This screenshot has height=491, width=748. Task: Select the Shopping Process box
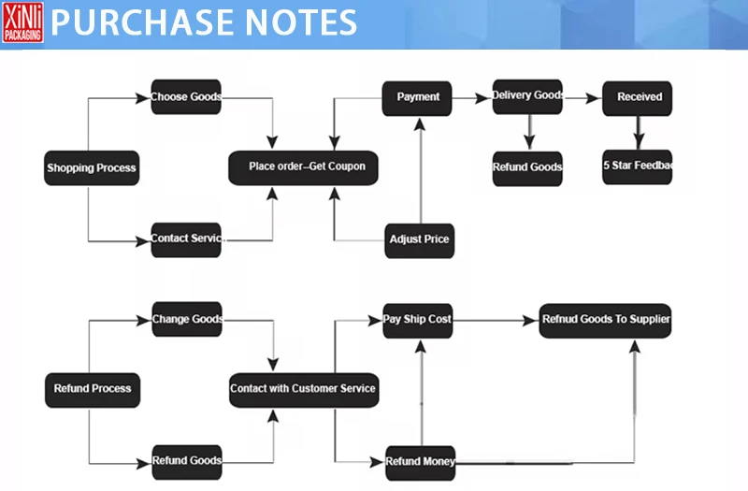click(x=91, y=168)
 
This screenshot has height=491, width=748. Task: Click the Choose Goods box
click(x=187, y=97)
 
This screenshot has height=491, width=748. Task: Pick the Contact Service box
click(x=187, y=238)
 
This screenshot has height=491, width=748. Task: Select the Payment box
click(x=418, y=97)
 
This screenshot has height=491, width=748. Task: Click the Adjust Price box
click(x=419, y=238)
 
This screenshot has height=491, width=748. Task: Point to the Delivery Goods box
click(x=528, y=96)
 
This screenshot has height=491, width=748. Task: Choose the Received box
click(x=639, y=96)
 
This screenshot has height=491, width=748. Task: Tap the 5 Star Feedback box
click(x=639, y=167)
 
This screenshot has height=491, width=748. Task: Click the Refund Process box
click(x=92, y=388)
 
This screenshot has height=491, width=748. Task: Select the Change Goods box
click(x=187, y=319)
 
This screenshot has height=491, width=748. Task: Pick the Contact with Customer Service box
click(x=304, y=388)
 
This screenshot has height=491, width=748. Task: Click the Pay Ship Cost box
click(x=418, y=319)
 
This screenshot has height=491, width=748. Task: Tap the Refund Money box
click(x=420, y=460)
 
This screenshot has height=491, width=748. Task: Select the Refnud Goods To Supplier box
click(x=606, y=319)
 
